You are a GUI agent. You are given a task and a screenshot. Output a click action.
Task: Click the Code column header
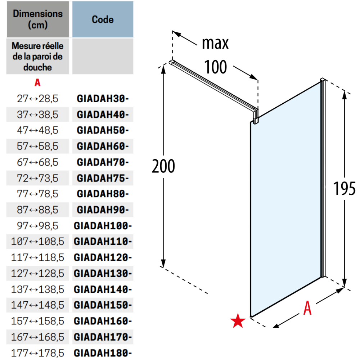click(x=103, y=19)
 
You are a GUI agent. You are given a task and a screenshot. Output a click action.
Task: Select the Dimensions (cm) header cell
click(x=38, y=19)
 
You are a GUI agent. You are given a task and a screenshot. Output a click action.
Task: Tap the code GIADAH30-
click(x=103, y=99)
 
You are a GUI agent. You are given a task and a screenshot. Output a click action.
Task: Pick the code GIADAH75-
click(x=103, y=178)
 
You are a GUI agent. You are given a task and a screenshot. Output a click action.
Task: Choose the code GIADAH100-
click(x=103, y=226)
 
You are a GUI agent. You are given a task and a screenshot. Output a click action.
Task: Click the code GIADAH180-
click(x=103, y=353)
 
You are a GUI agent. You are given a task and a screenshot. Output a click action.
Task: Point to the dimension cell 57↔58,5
click(x=38, y=146)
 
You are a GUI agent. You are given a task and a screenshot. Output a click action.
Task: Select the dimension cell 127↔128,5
click(x=38, y=274)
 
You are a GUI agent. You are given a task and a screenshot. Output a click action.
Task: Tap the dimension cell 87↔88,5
click(x=38, y=210)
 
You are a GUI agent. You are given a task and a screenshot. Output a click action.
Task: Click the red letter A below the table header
click(x=37, y=82)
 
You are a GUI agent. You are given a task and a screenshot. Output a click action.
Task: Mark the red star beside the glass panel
click(x=238, y=320)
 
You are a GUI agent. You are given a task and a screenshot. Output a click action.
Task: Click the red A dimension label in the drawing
click(x=307, y=308)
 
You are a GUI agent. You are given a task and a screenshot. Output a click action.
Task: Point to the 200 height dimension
click(x=163, y=166)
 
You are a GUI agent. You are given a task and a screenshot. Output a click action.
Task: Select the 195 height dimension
click(x=345, y=189)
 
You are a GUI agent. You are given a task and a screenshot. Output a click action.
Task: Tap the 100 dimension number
click(x=215, y=67)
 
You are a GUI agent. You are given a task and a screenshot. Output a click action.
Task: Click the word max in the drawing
click(x=215, y=43)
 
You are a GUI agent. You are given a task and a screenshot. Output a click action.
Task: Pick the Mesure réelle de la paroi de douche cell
click(x=38, y=57)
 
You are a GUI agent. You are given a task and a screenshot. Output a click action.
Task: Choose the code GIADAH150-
click(x=103, y=305)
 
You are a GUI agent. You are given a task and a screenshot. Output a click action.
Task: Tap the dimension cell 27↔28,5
click(x=38, y=99)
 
